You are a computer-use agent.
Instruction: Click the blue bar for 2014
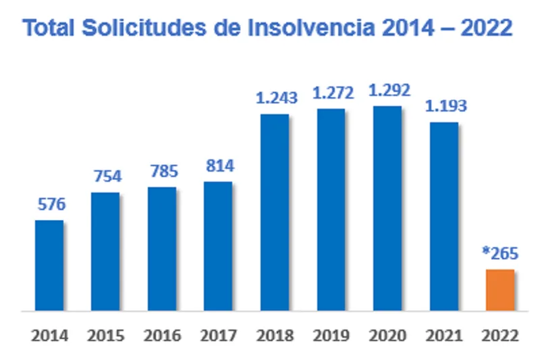(x=49, y=265)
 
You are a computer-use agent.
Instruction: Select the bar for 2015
(x=105, y=252)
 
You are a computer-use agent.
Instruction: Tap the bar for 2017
(x=217, y=247)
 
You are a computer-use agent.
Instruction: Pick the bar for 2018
(x=274, y=213)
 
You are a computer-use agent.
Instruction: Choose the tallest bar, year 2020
(x=387, y=209)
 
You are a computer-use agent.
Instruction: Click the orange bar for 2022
(x=500, y=290)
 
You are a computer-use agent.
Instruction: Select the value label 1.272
(x=331, y=94)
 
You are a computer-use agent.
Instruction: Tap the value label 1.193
(x=443, y=107)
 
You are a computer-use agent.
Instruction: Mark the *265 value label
(x=500, y=254)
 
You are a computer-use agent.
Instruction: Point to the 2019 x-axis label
(x=331, y=336)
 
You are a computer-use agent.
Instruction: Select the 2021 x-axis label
(x=443, y=336)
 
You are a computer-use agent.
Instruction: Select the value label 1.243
(x=274, y=99)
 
